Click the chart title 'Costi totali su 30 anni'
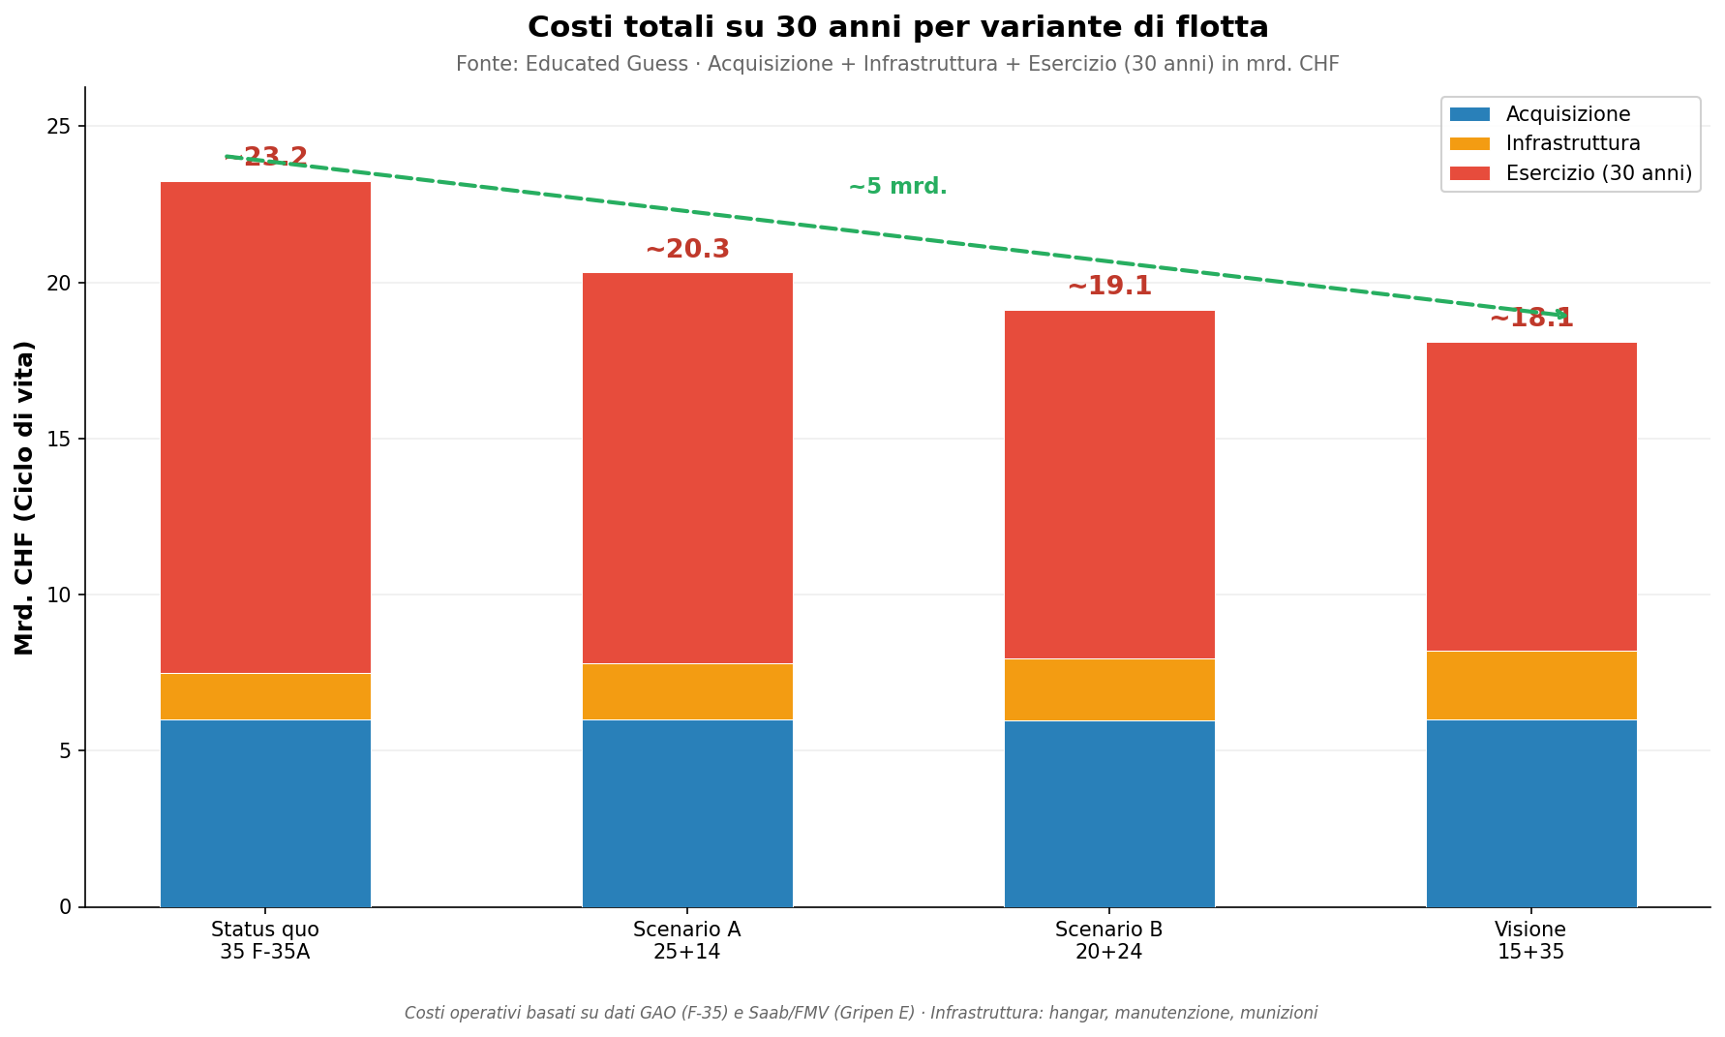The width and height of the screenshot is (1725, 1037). point(897,27)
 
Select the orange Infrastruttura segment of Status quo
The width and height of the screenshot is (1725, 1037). point(265,696)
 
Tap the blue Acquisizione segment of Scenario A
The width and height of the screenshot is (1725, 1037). point(687,813)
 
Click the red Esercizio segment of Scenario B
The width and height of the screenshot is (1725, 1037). point(1109,484)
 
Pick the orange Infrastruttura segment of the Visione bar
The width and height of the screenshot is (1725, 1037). point(1530,686)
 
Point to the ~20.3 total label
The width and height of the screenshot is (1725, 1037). point(687,250)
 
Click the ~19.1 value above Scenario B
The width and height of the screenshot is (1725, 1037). point(1109,287)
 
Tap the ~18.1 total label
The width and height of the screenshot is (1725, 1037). point(1530,319)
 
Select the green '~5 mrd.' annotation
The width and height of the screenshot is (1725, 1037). point(897,187)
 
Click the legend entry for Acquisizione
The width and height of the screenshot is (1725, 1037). point(1567,114)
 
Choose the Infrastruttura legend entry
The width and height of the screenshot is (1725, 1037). point(1572,144)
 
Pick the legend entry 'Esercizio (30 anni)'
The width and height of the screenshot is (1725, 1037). point(1598,173)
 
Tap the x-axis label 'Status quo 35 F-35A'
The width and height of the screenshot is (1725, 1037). point(265,940)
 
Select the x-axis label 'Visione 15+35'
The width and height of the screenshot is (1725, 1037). point(1530,940)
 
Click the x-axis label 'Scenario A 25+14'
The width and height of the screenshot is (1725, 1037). point(687,940)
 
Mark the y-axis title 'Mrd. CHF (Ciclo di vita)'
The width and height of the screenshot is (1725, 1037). point(25,498)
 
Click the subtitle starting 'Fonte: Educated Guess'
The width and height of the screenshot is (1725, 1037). point(897,65)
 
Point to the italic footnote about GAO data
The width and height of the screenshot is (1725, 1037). point(861,1013)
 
